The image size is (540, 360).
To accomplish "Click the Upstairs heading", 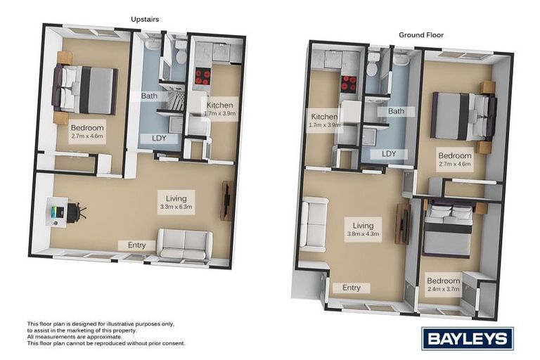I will (145, 19).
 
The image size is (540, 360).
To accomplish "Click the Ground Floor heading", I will (421, 34).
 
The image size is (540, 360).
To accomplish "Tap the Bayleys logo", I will (467, 338).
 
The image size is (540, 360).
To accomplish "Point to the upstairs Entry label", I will (136, 245).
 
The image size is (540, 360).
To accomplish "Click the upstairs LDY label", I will (160, 138).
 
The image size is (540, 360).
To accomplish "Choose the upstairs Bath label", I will (149, 96).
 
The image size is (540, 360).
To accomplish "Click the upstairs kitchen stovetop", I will (202, 76).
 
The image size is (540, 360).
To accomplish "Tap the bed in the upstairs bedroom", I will (87, 89).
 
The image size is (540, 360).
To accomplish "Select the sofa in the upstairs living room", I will (184, 245).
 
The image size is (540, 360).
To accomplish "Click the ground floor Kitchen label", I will (325, 117).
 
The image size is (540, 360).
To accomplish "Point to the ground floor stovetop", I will (348, 83).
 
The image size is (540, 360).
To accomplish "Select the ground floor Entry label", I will (351, 288).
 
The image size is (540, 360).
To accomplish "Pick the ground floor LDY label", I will (389, 153).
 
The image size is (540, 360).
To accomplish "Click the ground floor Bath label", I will (396, 111).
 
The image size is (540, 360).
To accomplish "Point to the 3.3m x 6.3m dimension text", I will (176, 207).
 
